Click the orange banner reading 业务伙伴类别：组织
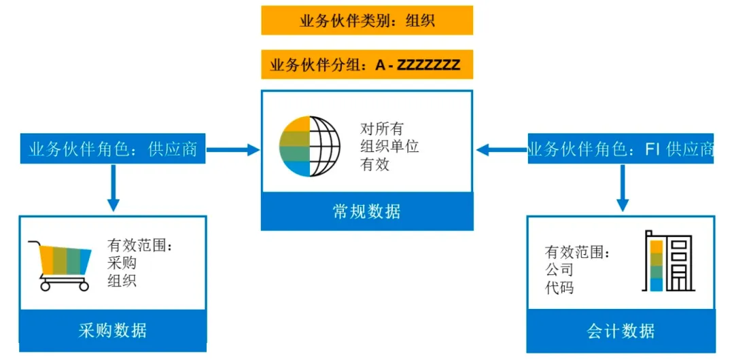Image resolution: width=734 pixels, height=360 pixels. (367, 20)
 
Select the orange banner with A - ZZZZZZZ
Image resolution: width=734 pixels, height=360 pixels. (367, 65)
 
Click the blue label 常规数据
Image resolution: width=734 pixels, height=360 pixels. (367, 211)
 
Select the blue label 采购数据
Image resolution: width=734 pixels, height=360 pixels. (112, 331)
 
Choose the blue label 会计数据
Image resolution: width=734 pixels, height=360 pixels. (621, 331)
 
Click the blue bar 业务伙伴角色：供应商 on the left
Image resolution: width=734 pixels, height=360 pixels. (113, 149)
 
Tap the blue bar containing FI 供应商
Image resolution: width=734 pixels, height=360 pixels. (621, 149)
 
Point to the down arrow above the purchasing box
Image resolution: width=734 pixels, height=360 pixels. (113, 188)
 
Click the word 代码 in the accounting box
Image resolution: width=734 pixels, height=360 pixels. (559, 287)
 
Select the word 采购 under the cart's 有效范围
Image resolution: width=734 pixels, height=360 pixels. (122, 263)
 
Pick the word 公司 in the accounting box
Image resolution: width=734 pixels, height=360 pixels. (559, 270)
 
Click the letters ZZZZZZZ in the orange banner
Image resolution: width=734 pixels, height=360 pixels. (429, 66)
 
